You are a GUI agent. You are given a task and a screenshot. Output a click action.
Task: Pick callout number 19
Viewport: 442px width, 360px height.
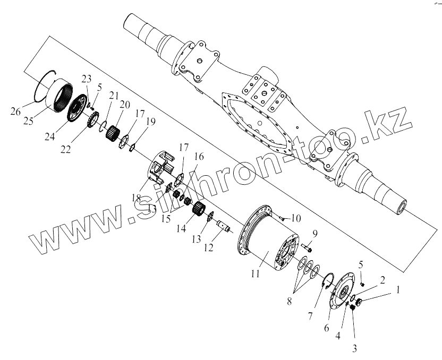pyautogui.click(x=150, y=122)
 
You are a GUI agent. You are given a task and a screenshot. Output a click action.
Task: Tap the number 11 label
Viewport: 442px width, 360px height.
pyautogui.click(x=256, y=274)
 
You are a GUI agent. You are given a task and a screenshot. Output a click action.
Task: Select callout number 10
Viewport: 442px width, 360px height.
pyautogui.click(x=295, y=218)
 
